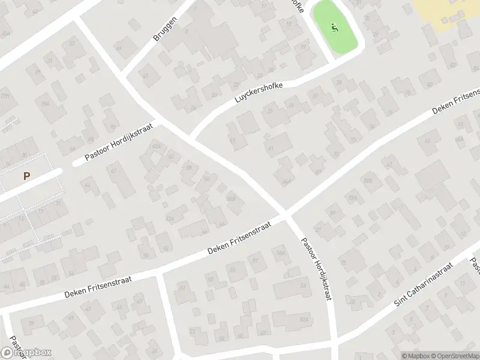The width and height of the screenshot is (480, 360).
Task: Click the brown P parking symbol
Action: (x=26, y=176)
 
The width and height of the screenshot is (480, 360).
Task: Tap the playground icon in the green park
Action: (x=335, y=27)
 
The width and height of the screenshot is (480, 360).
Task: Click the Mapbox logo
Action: (x=26, y=353)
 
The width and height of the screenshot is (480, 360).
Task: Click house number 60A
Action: (x=157, y=146)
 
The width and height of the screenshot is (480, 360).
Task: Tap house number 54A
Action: (x=280, y=253)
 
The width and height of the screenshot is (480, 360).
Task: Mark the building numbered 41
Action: (x=271, y=148)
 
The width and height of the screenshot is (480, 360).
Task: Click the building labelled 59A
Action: (x=353, y=197)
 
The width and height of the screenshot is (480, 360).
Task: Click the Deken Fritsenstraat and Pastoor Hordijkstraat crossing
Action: (x=286, y=214)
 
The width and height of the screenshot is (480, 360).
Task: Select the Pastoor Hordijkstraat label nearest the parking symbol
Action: (x=119, y=142)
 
